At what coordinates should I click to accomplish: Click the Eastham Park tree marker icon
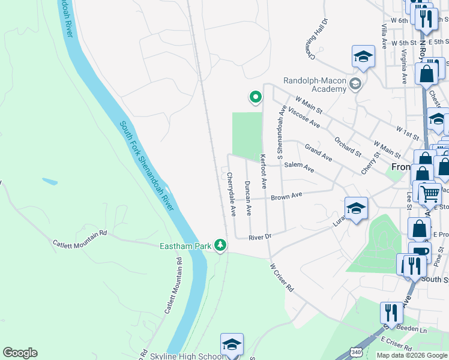[221, 245]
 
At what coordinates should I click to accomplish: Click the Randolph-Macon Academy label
[315, 85]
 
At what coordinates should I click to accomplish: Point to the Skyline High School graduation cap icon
[232, 344]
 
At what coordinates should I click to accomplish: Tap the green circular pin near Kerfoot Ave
[255, 97]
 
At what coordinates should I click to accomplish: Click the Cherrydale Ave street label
[232, 194]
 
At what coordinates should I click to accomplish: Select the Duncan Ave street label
[248, 198]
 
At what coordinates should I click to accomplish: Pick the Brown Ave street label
[286, 196]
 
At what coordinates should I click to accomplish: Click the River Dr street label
[261, 237]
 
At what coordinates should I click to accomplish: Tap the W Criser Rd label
[282, 278]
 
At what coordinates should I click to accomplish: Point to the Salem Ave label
[299, 167]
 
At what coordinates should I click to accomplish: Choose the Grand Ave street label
[318, 152]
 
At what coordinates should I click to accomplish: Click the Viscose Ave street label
[304, 118]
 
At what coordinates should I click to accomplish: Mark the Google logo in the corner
[20, 353]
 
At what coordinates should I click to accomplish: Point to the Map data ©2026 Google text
[412, 355]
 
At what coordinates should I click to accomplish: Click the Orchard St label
[348, 146]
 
